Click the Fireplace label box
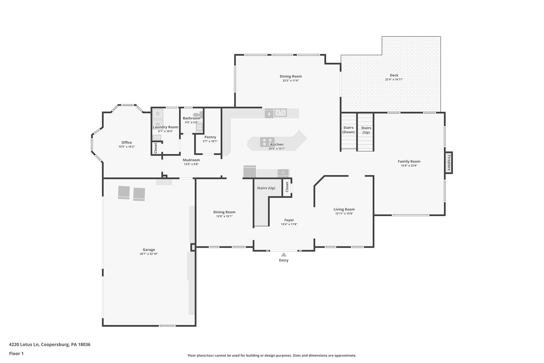point(449,163)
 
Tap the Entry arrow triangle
point(284,254)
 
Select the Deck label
point(394,75)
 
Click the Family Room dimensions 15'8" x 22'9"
point(409,166)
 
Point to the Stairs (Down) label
point(348,130)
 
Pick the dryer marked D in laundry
point(158,114)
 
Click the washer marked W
point(158,124)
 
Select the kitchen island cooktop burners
point(267,142)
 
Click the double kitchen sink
point(280,113)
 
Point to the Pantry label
point(210,137)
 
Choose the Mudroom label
point(191,160)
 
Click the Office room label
point(127,143)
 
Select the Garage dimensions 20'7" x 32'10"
point(149,254)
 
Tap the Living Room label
point(344,209)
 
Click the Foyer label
point(289,220)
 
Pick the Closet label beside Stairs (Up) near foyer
point(287,187)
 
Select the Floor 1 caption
point(16,354)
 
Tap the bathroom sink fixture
point(199,127)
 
